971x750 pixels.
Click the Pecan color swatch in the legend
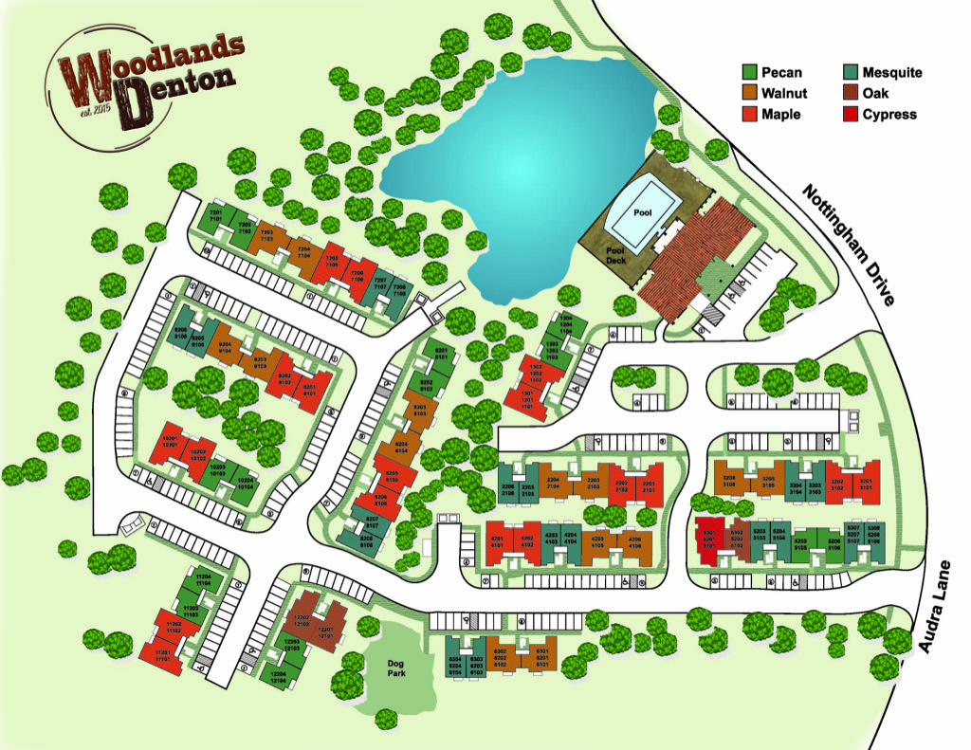coord(749,73)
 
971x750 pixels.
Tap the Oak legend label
coord(877,94)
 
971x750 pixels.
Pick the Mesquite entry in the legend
coord(891,73)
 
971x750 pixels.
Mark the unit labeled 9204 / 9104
coord(226,347)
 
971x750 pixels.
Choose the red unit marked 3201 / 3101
coord(865,485)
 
